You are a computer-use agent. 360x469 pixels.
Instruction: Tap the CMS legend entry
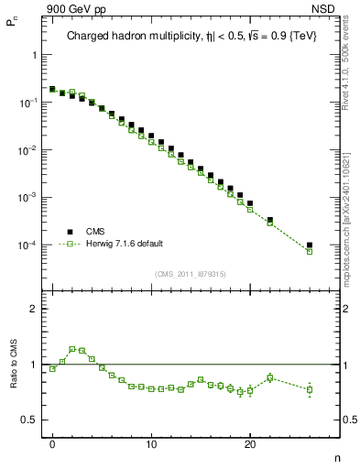pyautogui.click(x=96, y=232)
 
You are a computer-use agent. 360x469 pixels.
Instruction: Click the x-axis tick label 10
pyautogui.click(x=151, y=445)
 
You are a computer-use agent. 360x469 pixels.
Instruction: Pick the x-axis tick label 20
pyautogui.click(x=249, y=445)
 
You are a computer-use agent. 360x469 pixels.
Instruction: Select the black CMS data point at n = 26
pyautogui.click(x=310, y=245)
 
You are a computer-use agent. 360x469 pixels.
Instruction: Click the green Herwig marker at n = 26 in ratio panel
pyautogui.click(x=310, y=389)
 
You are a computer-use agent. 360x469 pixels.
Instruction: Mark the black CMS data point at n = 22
pyautogui.click(x=270, y=220)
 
